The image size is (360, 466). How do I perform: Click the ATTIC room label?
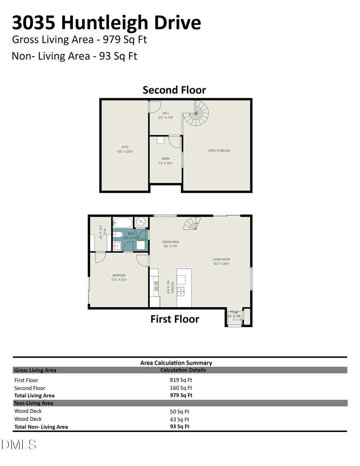tap(125, 147)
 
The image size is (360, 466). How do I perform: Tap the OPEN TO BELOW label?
tap(219, 151)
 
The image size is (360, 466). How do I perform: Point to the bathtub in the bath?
tap(122, 222)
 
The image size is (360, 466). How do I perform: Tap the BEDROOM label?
tap(119, 275)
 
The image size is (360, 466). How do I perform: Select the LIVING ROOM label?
tap(221, 260)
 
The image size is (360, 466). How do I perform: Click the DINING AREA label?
tap(170, 242)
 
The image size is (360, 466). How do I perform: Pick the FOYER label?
tap(234, 312)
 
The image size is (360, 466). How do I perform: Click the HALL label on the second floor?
tap(166, 113)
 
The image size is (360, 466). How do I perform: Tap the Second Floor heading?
tap(174, 90)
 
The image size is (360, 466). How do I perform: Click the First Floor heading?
tap(175, 319)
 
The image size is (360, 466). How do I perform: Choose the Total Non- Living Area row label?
tap(41, 427)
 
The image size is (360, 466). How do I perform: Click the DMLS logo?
tap(19, 444)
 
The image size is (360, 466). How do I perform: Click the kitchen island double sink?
tap(181, 290)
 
